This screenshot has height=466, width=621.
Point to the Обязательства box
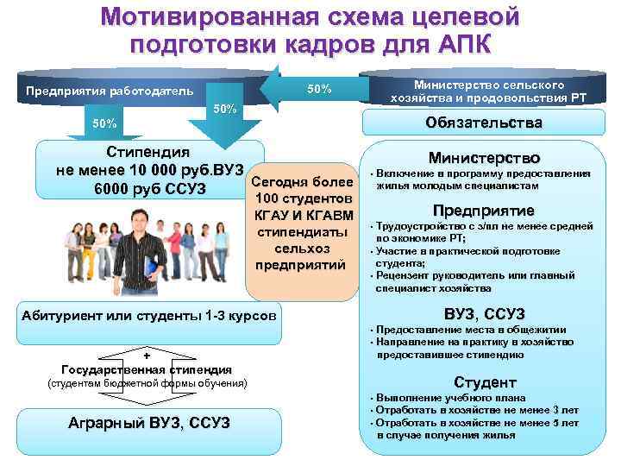pyautogui.click(x=484, y=123)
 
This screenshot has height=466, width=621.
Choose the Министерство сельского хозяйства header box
pyautogui.click(x=488, y=91)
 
